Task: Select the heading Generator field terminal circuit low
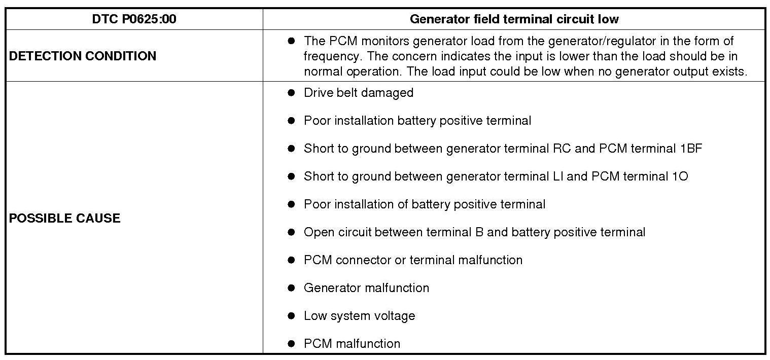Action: (514, 19)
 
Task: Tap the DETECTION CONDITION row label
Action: (83, 56)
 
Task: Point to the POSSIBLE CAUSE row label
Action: (65, 218)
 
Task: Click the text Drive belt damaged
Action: (358, 93)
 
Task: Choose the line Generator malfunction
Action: (366, 288)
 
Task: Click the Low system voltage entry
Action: (359, 316)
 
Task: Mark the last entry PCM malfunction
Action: (352, 344)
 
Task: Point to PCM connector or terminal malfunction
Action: (413, 260)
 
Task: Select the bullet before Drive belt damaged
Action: (291, 93)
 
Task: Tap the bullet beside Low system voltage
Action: (291, 316)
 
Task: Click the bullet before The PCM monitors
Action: (291, 41)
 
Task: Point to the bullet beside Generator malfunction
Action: (291, 288)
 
